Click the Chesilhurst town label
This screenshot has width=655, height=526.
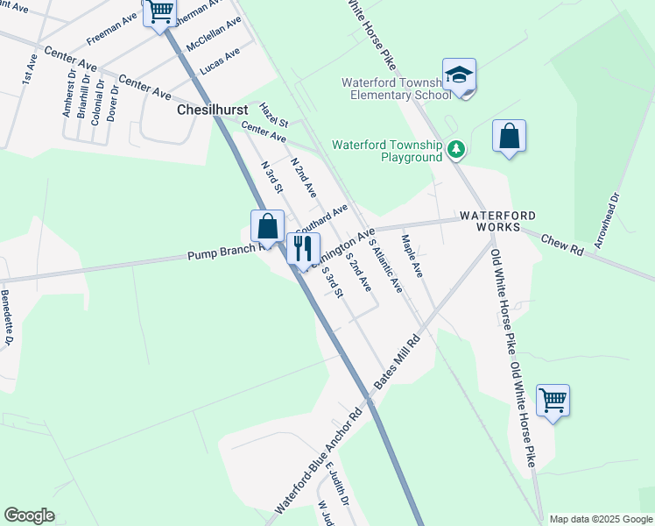click(x=206, y=110)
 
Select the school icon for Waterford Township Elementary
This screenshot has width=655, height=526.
click(x=459, y=75)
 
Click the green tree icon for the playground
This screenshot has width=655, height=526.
click(x=455, y=151)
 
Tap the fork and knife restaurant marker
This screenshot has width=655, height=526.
click(x=303, y=248)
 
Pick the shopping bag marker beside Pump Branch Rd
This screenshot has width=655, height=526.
click(x=268, y=227)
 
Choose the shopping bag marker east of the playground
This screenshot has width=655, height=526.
click(x=509, y=137)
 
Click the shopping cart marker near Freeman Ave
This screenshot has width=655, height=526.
click(x=160, y=12)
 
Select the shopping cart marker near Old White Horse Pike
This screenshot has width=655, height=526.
click(x=553, y=402)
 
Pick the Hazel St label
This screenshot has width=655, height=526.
click(x=274, y=114)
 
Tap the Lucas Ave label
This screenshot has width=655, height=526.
click(x=219, y=60)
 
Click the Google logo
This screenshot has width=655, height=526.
click(x=29, y=515)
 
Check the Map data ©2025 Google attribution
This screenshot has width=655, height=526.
click(x=600, y=519)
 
